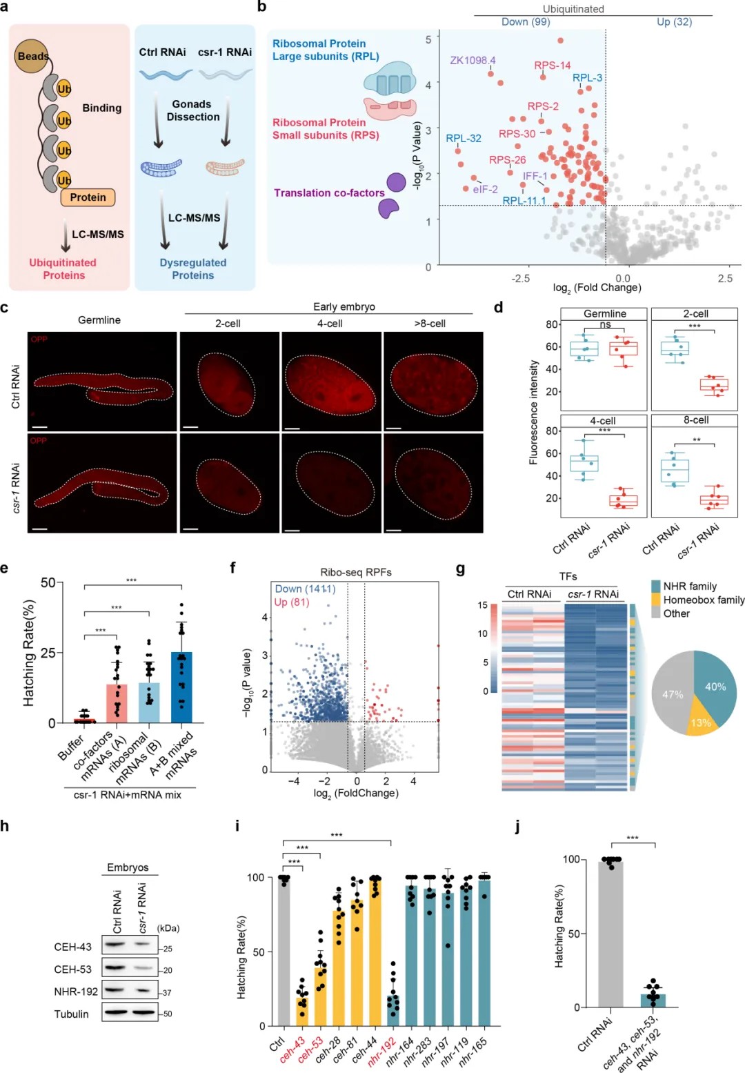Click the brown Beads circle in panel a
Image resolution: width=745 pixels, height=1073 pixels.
pos(32,56)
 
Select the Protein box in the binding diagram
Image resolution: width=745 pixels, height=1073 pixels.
pos(88,197)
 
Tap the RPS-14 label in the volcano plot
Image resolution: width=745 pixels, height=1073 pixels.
pos(552,66)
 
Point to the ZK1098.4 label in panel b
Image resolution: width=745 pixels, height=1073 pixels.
pos(473,61)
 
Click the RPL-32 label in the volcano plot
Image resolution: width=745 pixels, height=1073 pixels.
pos(463,139)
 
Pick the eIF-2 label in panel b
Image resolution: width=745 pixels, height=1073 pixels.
pos(485,189)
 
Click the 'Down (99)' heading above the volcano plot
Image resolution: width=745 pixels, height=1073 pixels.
pos(525,22)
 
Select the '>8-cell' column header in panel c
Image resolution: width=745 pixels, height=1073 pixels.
pos(429,324)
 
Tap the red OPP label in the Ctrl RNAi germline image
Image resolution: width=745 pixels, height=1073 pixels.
pos(39,339)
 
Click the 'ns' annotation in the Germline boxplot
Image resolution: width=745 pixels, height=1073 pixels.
pos(605,325)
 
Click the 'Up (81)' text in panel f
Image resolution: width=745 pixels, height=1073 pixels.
pos(291,602)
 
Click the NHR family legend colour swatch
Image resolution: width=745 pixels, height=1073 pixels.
pos(656,587)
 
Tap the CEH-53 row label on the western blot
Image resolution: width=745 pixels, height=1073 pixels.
pos(72,969)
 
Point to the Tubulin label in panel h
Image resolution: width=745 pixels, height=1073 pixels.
pos(71,1014)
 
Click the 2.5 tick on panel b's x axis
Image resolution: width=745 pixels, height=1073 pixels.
pos(725,279)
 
